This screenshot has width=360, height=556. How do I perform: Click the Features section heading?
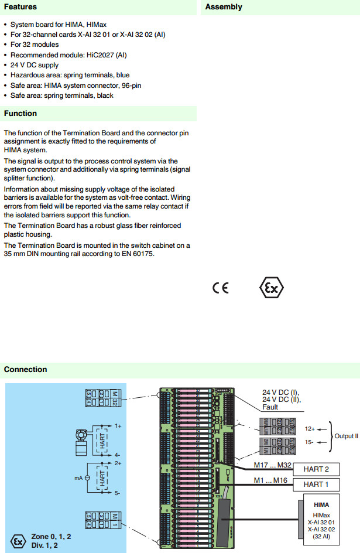(x=20, y=7)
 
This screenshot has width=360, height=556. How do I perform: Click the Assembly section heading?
(x=224, y=7)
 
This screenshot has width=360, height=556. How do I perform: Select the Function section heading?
(x=20, y=114)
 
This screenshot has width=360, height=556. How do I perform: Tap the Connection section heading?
(x=25, y=369)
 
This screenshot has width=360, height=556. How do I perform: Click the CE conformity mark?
(x=221, y=288)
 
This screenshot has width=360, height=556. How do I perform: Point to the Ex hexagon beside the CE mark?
(x=271, y=288)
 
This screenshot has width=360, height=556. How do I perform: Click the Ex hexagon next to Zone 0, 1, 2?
(x=19, y=541)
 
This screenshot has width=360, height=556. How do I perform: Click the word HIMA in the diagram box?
(x=321, y=504)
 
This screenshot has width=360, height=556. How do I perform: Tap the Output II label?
(x=346, y=436)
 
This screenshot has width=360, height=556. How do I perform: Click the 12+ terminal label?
(x=310, y=428)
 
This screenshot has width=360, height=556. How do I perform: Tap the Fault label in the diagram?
(x=271, y=408)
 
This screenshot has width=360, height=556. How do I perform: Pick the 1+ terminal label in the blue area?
(x=118, y=427)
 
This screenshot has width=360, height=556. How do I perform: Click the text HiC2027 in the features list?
(x=93, y=55)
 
